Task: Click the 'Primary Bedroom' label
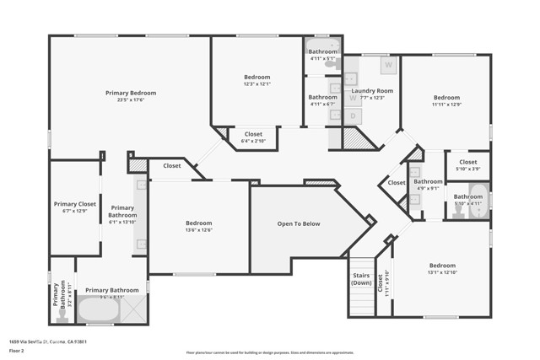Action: click(130, 93)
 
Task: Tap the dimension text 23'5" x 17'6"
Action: click(130, 100)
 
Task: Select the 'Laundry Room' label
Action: click(372, 90)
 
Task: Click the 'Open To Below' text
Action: click(299, 223)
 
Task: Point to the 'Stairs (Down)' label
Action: click(362, 279)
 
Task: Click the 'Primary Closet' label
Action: click(75, 204)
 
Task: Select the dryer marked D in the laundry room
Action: click(353, 116)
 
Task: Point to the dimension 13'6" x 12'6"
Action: click(198, 230)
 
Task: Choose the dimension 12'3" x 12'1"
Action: click(256, 83)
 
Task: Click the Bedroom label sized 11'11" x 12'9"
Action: click(446, 97)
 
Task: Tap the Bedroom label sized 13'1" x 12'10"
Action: click(441, 265)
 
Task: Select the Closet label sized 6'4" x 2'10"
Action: click(253, 134)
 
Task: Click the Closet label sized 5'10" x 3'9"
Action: click(468, 162)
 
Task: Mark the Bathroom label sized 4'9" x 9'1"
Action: click(428, 181)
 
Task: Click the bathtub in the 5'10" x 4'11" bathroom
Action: click(478, 210)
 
